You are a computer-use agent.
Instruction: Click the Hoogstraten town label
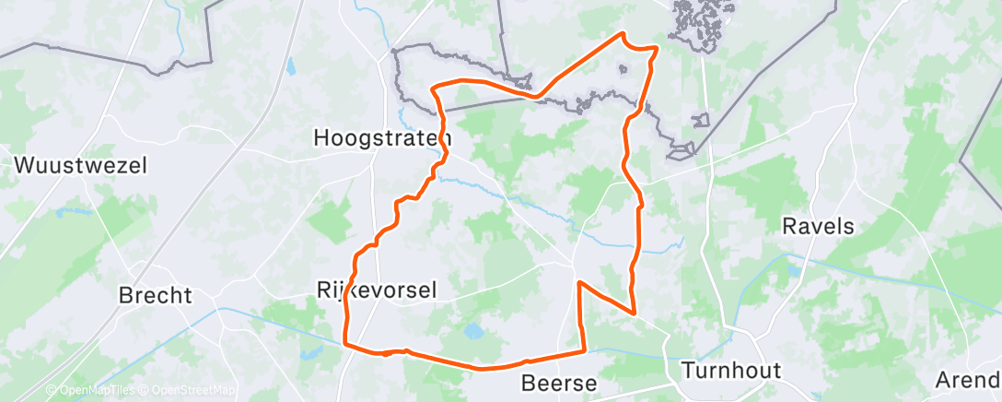[x=380, y=137]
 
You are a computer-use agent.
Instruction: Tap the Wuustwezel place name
[x=80, y=166]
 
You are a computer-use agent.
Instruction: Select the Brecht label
[x=156, y=296]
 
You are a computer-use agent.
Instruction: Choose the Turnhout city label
[x=731, y=371]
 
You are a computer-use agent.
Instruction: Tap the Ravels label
[x=818, y=226]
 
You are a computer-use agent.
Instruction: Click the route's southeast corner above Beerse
[x=585, y=349]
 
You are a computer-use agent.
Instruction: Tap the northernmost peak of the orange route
[x=623, y=34]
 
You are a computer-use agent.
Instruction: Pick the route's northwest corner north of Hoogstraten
[x=434, y=86]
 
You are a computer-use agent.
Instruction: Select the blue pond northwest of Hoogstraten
[x=291, y=66]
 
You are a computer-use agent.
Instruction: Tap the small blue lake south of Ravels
[x=791, y=270]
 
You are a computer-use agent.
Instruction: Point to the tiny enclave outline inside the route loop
[x=623, y=68]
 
